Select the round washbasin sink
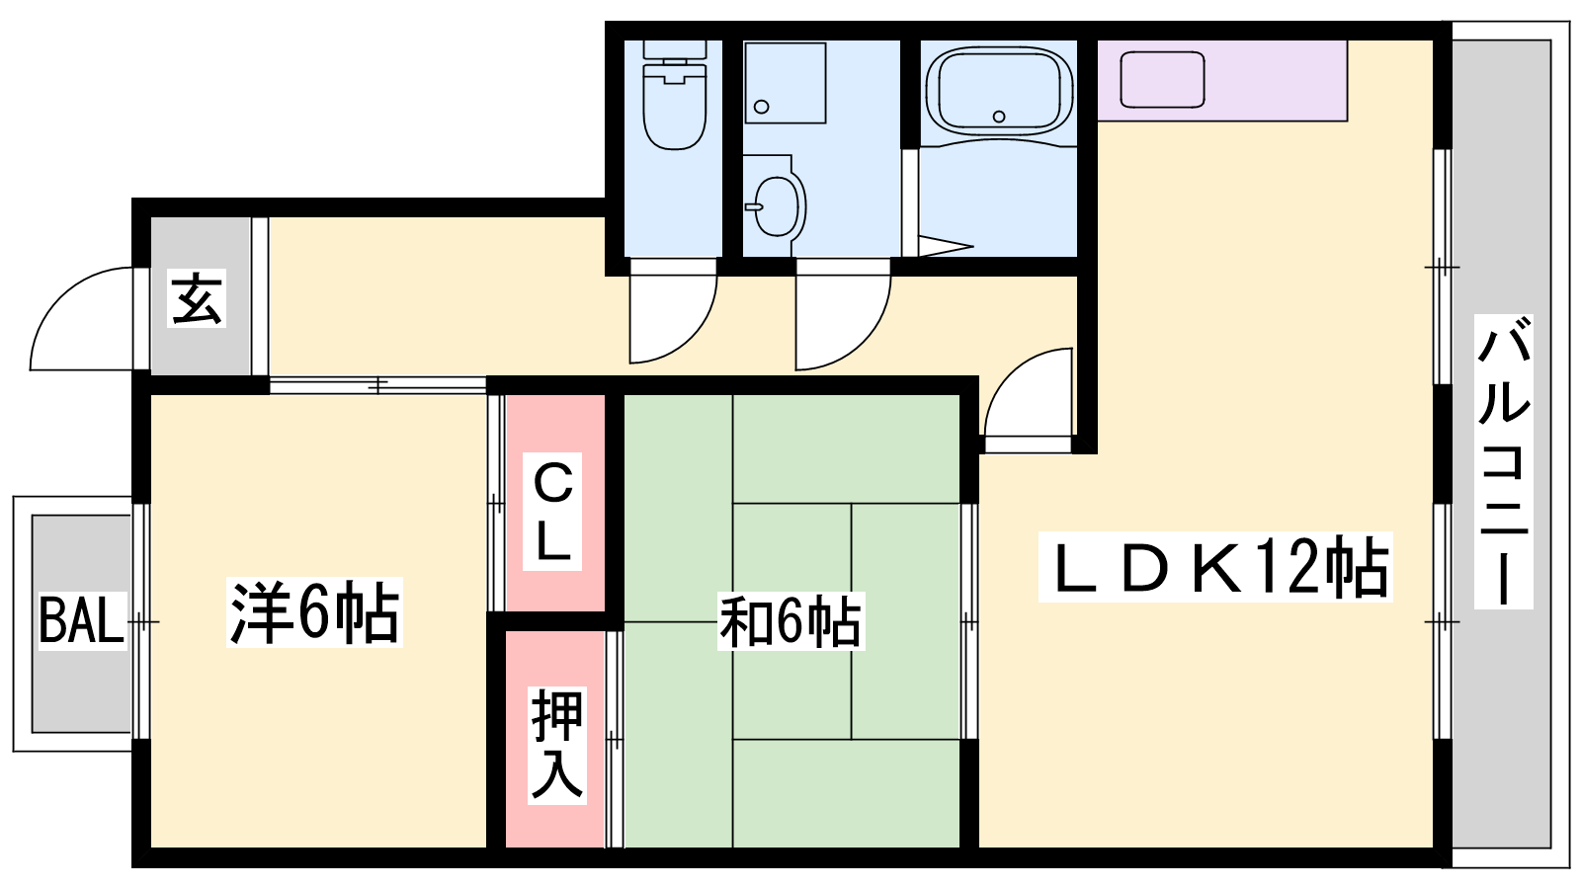pyautogui.click(x=777, y=205)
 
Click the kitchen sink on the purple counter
pyautogui.click(x=1162, y=80)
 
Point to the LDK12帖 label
pyautogui.click(x=1214, y=567)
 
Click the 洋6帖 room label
pyautogui.click(x=314, y=611)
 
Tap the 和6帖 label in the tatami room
pyautogui.click(x=790, y=621)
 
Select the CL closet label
pyautogui.click(x=552, y=512)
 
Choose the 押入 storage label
pyautogui.click(x=557, y=745)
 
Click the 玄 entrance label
pyautogui.click(x=197, y=297)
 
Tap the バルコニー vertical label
pyautogui.click(x=1503, y=461)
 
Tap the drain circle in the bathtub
pyautogui.click(x=999, y=117)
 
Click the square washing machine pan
pyautogui.click(x=786, y=83)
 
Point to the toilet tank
pyautogui.click(x=675, y=49)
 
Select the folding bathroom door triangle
pyautogui.click(x=946, y=246)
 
